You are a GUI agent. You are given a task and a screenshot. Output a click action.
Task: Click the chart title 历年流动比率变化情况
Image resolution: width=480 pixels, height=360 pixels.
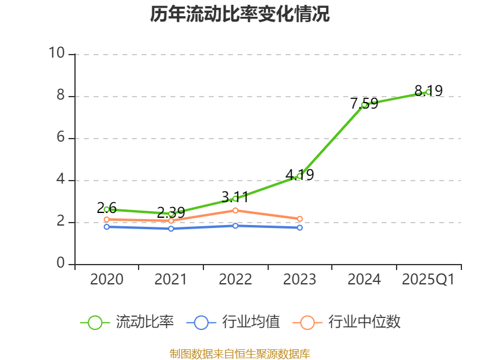pyautogui.click(x=240, y=14)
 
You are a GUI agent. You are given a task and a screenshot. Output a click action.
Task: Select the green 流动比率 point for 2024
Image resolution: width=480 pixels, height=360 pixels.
pyautogui.click(x=364, y=104)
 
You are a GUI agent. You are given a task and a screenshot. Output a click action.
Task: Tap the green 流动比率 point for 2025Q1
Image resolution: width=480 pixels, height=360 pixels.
pyautogui.click(x=428, y=92)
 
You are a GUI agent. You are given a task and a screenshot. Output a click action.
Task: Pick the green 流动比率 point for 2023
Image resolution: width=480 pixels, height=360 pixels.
pyautogui.click(x=299, y=176)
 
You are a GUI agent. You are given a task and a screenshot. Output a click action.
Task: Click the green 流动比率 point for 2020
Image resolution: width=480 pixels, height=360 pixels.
pyautogui.click(x=106, y=209)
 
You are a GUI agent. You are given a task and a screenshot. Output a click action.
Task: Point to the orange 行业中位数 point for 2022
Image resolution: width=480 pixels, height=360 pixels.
pyautogui.click(x=235, y=210)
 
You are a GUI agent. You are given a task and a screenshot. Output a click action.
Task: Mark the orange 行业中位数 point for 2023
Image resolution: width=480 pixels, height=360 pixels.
pyautogui.click(x=299, y=218)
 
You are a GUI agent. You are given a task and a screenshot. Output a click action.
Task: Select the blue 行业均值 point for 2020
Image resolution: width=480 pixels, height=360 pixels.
pyautogui.click(x=106, y=227)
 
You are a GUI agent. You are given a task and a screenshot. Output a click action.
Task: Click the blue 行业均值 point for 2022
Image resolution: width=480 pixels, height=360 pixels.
pyautogui.click(x=235, y=226)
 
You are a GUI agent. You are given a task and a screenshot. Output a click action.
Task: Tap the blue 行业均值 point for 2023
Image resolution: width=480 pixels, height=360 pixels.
pyautogui.click(x=299, y=228)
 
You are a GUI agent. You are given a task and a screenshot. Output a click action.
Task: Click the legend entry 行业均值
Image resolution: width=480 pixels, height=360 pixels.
pyautogui.click(x=238, y=322)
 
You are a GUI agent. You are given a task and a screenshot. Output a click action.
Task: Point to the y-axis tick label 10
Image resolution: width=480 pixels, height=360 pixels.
pyautogui.click(x=56, y=54)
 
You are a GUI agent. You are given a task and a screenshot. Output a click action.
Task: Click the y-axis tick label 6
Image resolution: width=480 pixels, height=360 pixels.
pyautogui.click(x=60, y=138)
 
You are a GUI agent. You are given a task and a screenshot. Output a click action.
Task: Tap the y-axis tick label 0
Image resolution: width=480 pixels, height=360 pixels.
pyautogui.click(x=60, y=264)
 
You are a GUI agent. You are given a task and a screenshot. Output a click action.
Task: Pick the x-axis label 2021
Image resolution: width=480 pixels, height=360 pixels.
pyautogui.click(x=171, y=280)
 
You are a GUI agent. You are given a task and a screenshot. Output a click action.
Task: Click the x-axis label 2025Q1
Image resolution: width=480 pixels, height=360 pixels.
pyautogui.click(x=428, y=280)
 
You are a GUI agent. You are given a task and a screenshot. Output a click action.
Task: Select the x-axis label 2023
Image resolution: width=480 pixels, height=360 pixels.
pyautogui.click(x=299, y=280)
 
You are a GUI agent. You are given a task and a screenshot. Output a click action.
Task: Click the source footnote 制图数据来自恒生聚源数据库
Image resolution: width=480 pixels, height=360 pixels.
pyautogui.click(x=240, y=353)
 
